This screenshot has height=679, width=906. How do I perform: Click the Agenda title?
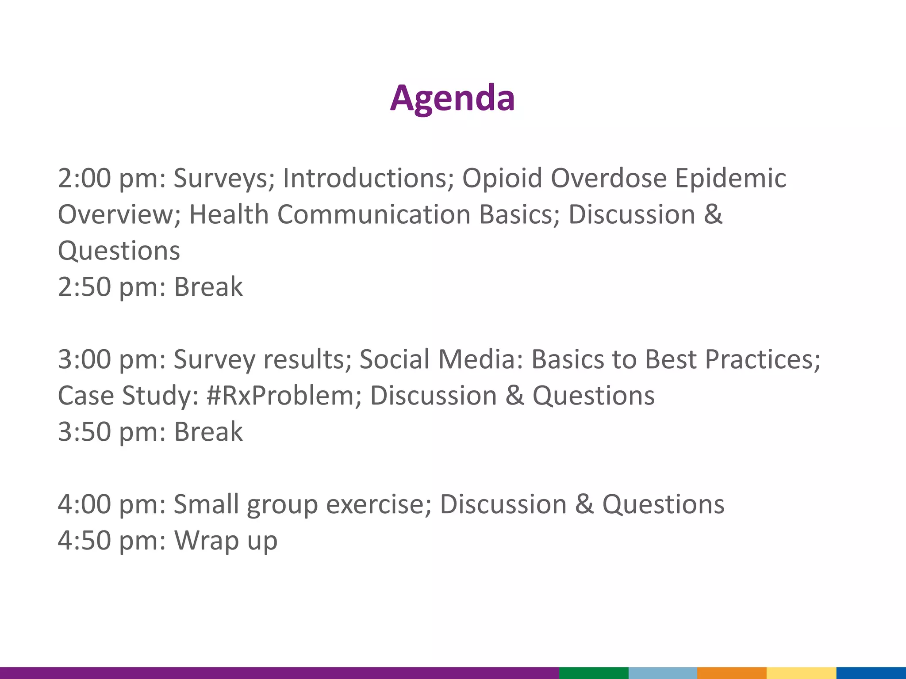pyautogui.click(x=452, y=98)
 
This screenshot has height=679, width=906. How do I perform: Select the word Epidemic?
pyautogui.click(x=730, y=179)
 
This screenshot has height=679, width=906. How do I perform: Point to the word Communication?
pyautogui.click(x=374, y=215)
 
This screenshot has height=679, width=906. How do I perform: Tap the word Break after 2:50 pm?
pyautogui.click(x=208, y=287)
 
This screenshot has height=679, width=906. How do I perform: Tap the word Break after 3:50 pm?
pyautogui.click(x=208, y=432)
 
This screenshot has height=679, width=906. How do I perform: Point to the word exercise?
pyautogui.click(x=378, y=504)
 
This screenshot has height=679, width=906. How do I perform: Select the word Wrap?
pyautogui.click(x=207, y=541)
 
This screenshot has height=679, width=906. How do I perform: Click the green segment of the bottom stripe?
pyautogui.click(x=594, y=673)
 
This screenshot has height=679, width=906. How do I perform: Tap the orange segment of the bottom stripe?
pyautogui.click(x=732, y=673)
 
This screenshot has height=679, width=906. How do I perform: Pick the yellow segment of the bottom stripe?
pyautogui.click(x=801, y=673)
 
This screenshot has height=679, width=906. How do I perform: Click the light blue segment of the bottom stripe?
pyautogui.click(x=663, y=673)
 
